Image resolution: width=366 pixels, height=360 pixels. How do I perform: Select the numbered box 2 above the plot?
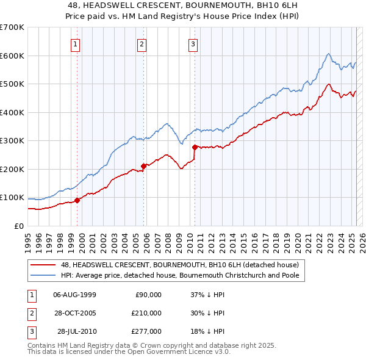click(x=142, y=44)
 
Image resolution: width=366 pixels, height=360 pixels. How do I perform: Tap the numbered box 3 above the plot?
click(x=193, y=44)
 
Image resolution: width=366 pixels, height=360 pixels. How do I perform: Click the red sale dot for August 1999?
click(x=77, y=200)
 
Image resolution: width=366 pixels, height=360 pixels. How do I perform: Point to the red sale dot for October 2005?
click(x=144, y=166)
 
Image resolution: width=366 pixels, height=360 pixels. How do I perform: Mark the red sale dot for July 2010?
click(x=195, y=147)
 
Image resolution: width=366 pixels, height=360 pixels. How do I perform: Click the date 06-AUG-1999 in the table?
click(x=75, y=295)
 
